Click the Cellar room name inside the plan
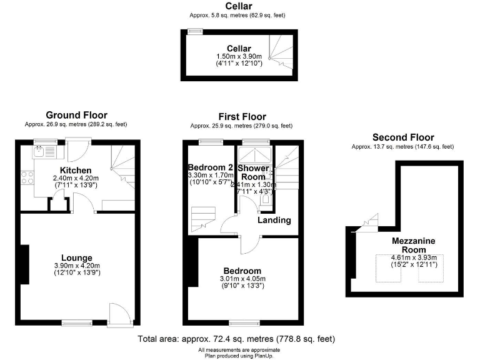(x=239, y=49)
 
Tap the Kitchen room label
(x=76, y=170)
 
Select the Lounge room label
(x=77, y=257)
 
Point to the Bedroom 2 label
(x=211, y=167)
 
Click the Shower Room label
(x=254, y=173)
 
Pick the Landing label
(x=274, y=220)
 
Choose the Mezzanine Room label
(x=414, y=246)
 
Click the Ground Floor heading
(x=76, y=115)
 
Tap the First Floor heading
(x=242, y=117)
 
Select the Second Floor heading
(x=403, y=137)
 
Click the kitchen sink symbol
(x=39, y=151)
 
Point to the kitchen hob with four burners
(x=27, y=177)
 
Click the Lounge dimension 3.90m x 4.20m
(x=77, y=266)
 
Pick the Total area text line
(x=236, y=339)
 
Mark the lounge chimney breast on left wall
(x=24, y=266)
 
